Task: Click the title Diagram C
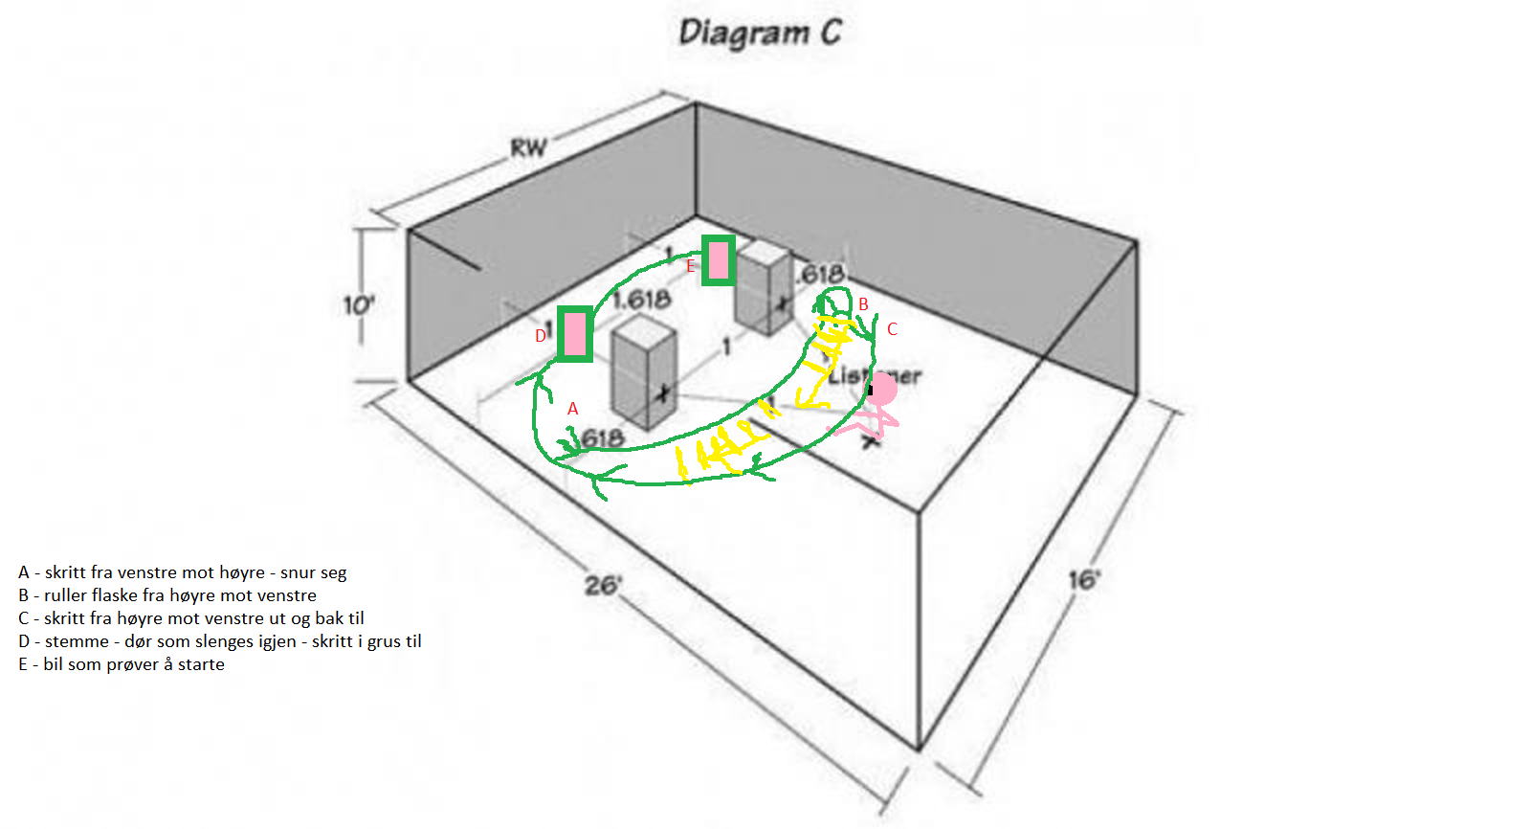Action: [x=760, y=33]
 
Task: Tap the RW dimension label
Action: [x=528, y=148]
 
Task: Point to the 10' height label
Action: [x=359, y=305]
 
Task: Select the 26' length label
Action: [x=604, y=584]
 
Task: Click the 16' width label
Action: [x=1084, y=580]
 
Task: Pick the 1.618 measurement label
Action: [x=641, y=300]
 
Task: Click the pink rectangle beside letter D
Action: [x=574, y=334]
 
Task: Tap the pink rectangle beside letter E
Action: [x=719, y=260]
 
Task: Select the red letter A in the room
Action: [x=572, y=409]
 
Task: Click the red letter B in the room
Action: [x=863, y=304]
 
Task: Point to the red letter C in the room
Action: [x=892, y=329]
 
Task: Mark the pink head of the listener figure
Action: [x=882, y=389]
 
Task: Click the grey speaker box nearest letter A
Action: [x=644, y=373]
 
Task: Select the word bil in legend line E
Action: [x=53, y=664]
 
